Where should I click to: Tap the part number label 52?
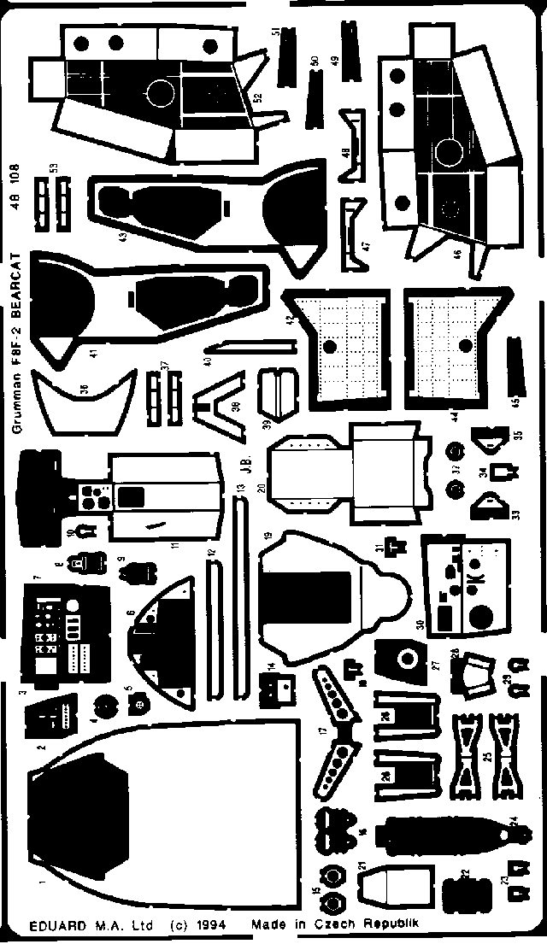pyautogui.click(x=256, y=97)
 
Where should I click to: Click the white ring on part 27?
pyautogui.click(x=408, y=659)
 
